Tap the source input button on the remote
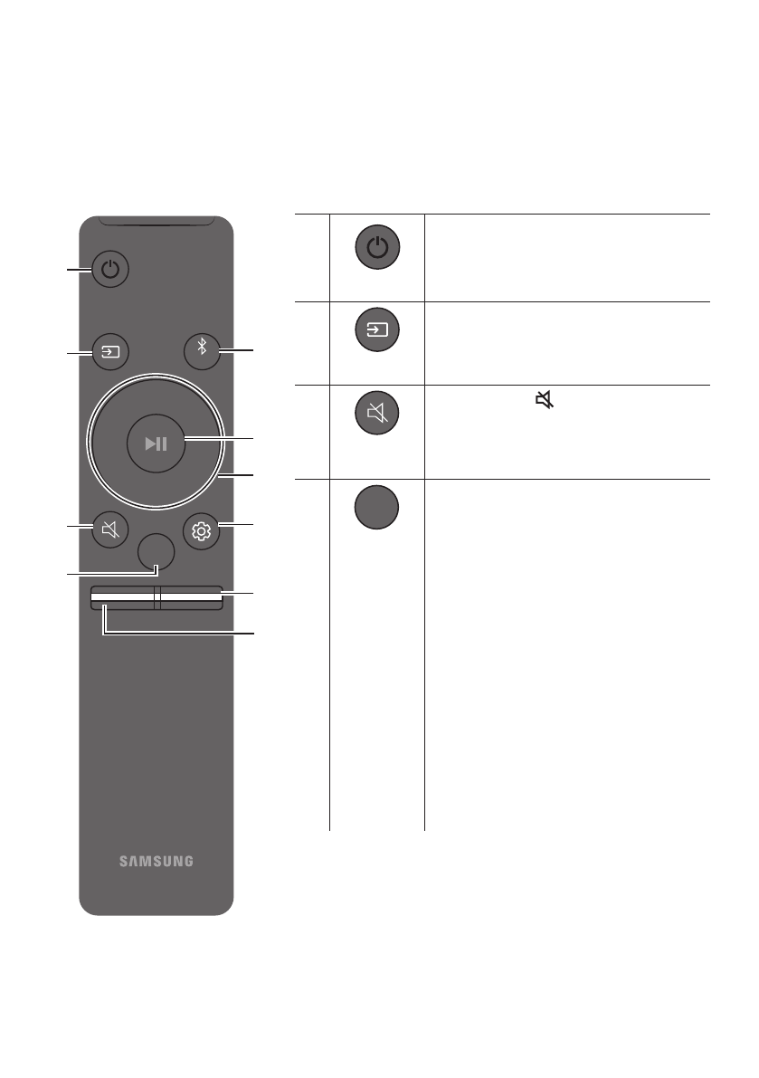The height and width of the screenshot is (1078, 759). coord(110,350)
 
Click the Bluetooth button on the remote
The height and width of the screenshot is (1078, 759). coord(202,350)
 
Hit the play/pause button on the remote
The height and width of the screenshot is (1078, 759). coord(156,444)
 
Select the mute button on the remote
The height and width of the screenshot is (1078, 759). coord(110,530)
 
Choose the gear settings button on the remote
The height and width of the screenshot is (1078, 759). coord(201,531)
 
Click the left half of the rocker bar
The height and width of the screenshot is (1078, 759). coord(122,596)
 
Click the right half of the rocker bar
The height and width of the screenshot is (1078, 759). coord(188,596)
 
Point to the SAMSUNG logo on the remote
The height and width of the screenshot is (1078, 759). coord(156,861)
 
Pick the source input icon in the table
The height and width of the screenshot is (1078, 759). coord(377,331)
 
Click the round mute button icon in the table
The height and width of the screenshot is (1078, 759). coord(377,415)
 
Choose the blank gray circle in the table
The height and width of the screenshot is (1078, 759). coord(377,506)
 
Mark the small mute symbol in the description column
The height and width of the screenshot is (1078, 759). coord(544,399)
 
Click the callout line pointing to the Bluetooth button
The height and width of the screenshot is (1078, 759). coord(238,351)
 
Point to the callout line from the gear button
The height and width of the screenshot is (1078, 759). coord(237,525)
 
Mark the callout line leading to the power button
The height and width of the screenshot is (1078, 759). coord(78,269)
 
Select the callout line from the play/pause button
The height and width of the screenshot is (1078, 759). coord(222,440)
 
